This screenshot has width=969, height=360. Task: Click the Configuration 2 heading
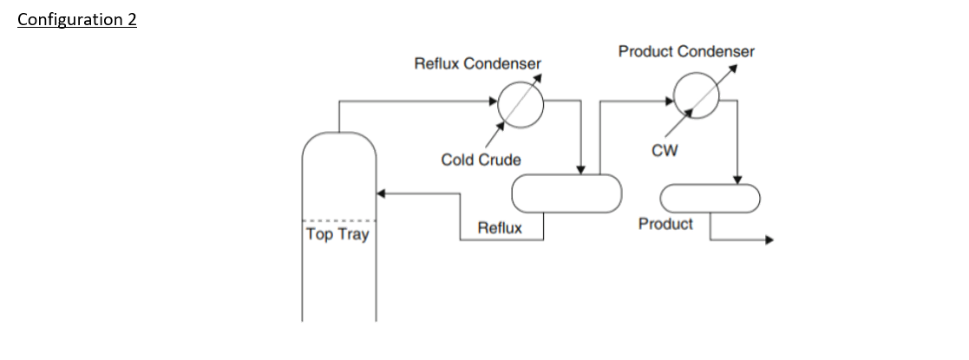pyautogui.click(x=77, y=20)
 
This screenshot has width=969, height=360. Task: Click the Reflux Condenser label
pyautogui.click(x=478, y=63)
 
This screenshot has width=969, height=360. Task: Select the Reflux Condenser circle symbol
pyautogui.click(x=521, y=104)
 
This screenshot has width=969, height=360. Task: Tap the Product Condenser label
pyautogui.click(x=686, y=51)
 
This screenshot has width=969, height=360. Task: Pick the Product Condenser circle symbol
pyautogui.click(x=697, y=95)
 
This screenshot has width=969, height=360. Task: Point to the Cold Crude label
pyautogui.click(x=481, y=160)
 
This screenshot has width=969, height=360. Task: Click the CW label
pyautogui.click(x=665, y=151)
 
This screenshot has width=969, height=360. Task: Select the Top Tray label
pyautogui.click(x=337, y=234)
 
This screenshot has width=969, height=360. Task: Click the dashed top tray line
pyautogui.click(x=338, y=220)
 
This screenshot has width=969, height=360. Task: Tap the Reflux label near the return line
pyautogui.click(x=500, y=228)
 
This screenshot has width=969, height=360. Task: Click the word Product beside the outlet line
pyautogui.click(x=665, y=224)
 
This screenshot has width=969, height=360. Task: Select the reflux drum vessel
pyautogui.click(x=566, y=193)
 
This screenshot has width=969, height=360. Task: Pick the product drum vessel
pyautogui.click(x=710, y=198)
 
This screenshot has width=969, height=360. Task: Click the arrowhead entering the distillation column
pyautogui.click(x=381, y=193)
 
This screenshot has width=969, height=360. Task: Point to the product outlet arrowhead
pyautogui.click(x=769, y=239)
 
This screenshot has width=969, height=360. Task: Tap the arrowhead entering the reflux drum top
pyautogui.click(x=580, y=170)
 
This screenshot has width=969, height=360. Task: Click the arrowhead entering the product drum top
pyautogui.click(x=737, y=180)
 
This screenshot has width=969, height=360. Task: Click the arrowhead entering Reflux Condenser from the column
pyautogui.click(x=493, y=101)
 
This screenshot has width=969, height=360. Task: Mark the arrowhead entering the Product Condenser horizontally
pyautogui.click(x=669, y=100)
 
